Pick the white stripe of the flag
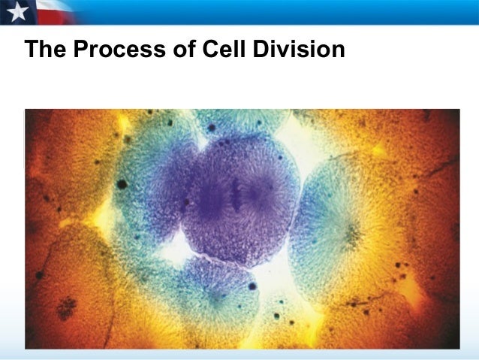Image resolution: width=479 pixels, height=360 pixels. coord(56,7)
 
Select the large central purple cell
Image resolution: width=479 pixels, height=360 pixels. coord(240,199)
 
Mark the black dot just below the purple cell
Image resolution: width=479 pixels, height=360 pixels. coord(253,286)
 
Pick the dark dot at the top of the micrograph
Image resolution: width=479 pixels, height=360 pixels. coord(212,128)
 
